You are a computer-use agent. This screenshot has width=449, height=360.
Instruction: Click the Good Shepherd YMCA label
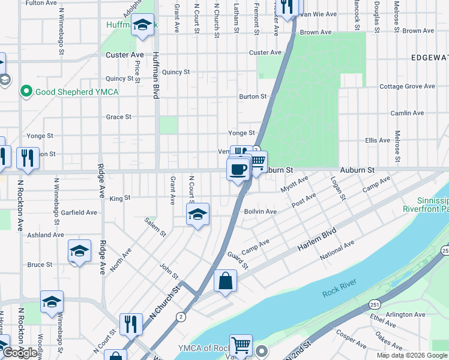(77, 92)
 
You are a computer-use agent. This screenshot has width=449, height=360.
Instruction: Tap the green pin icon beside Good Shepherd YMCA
(26, 91)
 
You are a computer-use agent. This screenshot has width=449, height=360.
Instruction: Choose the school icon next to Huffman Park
(142, 25)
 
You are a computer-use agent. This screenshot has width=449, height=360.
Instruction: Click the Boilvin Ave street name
(260, 211)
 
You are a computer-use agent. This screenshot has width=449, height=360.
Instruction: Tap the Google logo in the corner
(19, 353)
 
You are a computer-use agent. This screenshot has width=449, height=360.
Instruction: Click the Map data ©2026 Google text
(412, 355)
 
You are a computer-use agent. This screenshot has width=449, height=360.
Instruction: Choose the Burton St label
(253, 96)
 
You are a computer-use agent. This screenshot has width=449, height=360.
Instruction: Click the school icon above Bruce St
(79, 251)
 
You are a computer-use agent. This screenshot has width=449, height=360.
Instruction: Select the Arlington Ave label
(406, 314)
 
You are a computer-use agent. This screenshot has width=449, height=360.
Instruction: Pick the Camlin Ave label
(407, 113)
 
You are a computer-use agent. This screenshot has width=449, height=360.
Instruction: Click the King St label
(120, 198)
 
